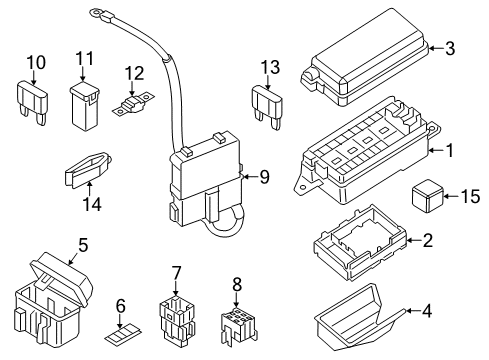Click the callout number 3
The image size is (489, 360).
(x=450, y=47)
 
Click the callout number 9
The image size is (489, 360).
(x=265, y=177)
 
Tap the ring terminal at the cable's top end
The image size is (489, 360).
(x=100, y=13)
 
